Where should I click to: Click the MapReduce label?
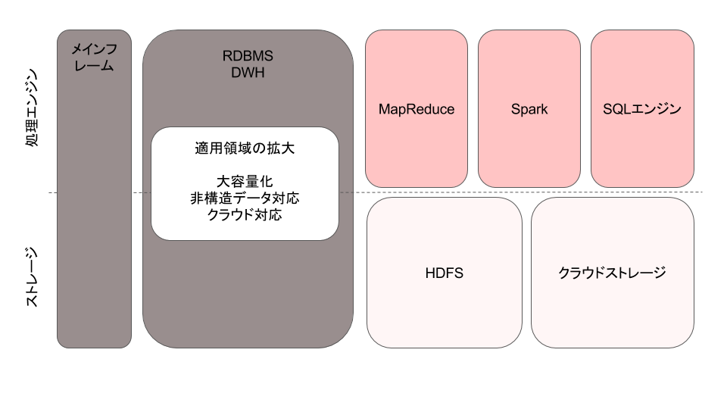pyautogui.click(x=417, y=109)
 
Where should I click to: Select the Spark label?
pyautogui.click(x=529, y=109)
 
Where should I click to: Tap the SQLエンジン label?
pyautogui.click(x=642, y=109)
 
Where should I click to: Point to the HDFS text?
pyautogui.click(x=445, y=273)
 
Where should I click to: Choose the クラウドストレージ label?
pyautogui.click(x=613, y=273)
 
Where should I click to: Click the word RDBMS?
pyautogui.click(x=248, y=56)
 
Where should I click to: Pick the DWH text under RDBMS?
pyautogui.click(x=248, y=73)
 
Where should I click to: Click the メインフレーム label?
pyautogui.click(x=94, y=57)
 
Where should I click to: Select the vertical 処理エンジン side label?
pyautogui.click(x=32, y=108)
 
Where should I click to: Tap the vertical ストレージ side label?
pyautogui.click(x=32, y=277)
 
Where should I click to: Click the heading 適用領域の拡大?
pyautogui.click(x=245, y=148)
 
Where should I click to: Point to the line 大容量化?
pyautogui.click(x=245, y=182)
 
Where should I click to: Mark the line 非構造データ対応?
pyautogui.click(x=245, y=198)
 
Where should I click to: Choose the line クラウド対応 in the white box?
pyautogui.click(x=245, y=215)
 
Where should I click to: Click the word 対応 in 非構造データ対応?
pyautogui.click(x=285, y=198)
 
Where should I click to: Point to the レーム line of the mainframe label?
pyautogui.click(x=94, y=66)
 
